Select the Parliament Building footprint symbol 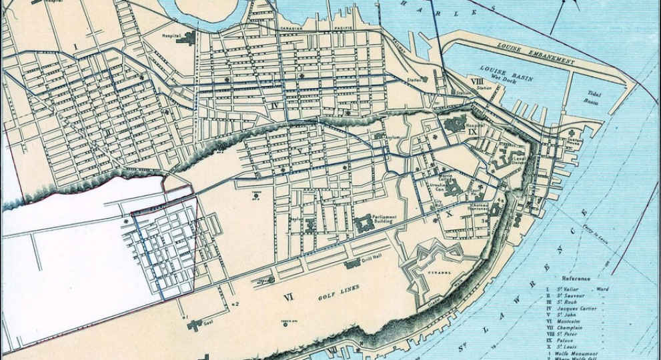366,225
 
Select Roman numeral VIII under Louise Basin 476,81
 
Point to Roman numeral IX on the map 473,132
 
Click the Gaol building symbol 195,325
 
